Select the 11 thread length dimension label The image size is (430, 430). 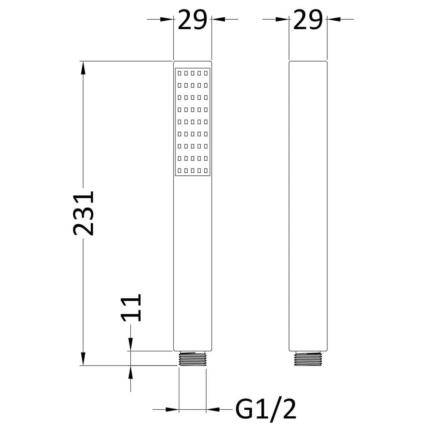pyautogui.click(x=131, y=307)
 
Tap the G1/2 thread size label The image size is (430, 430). pyautogui.click(x=266, y=409)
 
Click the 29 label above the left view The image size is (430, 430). pyautogui.click(x=192, y=19)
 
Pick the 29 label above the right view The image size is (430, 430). pyautogui.click(x=308, y=19)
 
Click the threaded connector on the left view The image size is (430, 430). pyautogui.click(x=193, y=359)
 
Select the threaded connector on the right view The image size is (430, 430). pyautogui.click(x=308, y=359)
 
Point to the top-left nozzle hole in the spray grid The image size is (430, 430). pyautogui.click(x=179, y=73)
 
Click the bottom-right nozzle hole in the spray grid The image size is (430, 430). pyautogui.click(x=206, y=170)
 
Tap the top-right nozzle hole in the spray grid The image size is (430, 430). pyautogui.click(x=206, y=73)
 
